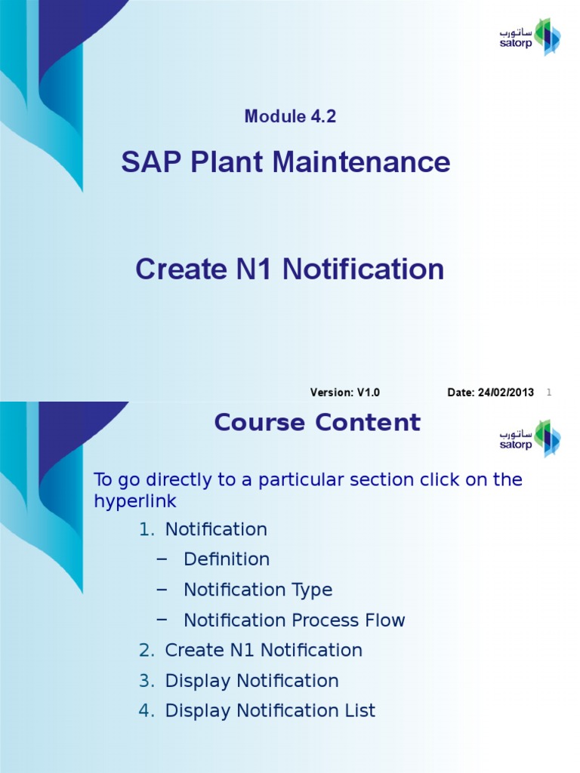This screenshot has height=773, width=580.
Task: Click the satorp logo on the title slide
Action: pos(529,36)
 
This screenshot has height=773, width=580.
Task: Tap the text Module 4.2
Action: pos(290,116)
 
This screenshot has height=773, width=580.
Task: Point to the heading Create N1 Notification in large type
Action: pos(290,269)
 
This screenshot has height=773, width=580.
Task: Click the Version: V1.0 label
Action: pos(344,393)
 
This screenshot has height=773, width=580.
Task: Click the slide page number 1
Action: pos(549,393)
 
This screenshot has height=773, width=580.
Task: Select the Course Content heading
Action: pos(316,423)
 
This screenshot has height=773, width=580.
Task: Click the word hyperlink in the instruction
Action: pos(135,501)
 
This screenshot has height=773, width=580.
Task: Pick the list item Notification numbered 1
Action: pos(216,530)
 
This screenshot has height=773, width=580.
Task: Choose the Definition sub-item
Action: pos(227,559)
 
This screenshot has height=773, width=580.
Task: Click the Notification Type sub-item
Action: pos(258,590)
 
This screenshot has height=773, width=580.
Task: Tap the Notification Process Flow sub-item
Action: pos(295,621)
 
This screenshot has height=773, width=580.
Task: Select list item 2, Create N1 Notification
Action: pos(264,650)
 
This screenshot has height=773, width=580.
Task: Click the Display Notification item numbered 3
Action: pos(251,681)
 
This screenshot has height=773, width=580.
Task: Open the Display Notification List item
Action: pos(270,711)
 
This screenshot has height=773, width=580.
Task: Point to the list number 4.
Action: pos(146,711)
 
